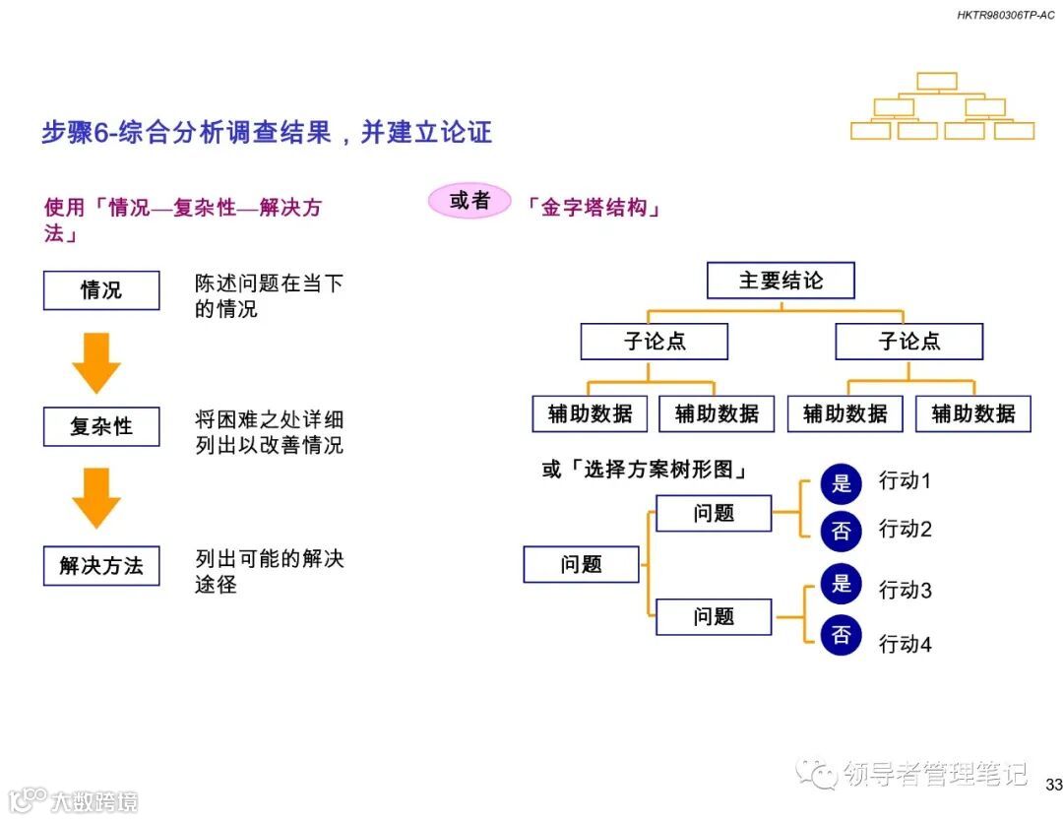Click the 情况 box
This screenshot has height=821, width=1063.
click(x=101, y=290)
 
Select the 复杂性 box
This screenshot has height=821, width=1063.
click(x=101, y=426)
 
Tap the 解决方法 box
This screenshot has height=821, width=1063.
click(x=101, y=566)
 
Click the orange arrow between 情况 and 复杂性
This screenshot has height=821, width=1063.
click(x=96, y=362)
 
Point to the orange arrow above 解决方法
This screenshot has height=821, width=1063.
click(x=96, y=498)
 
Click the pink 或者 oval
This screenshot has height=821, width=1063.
click(x=469, y=201)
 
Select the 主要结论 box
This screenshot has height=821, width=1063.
click(x=781, y=281)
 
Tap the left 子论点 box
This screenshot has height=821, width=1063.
click(x=655, y=342)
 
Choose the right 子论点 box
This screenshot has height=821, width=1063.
click(x=908, y=342)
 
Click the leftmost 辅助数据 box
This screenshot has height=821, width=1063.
click(x=590, y=413)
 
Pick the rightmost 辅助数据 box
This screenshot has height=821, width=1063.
click(x=972, y=413)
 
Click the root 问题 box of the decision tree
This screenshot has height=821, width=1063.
click(x=581, y=564)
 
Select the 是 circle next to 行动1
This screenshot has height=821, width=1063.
click(x=842, y=482)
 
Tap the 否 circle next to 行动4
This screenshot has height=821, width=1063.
click(x=842, y=636)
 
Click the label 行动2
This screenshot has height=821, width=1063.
click(x=905, y=529)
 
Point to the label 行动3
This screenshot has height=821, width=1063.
click(x=905, y=591)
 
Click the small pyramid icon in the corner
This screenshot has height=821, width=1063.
click(x=942, y=105)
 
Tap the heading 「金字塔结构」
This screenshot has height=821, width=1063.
click(x=594, y=209)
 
